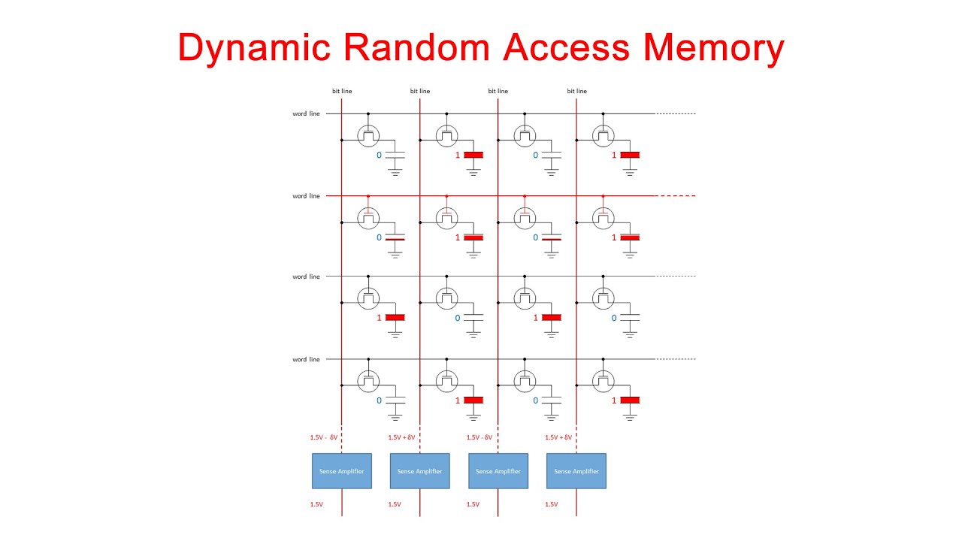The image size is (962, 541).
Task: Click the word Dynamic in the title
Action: [254, 47]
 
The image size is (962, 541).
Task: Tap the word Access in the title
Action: [567, 47]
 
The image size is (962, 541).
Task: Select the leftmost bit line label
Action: [342, 91]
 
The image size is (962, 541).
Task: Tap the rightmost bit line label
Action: [576, 91]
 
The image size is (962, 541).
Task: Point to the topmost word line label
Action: [306, 113]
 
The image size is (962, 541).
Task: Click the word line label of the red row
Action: [306, 196]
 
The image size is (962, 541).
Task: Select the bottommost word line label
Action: [306, 359]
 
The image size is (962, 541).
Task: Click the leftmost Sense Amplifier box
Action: [342, 471]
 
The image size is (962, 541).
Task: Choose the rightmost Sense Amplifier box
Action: [576, 471]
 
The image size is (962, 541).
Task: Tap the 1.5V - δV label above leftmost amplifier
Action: [324, 437]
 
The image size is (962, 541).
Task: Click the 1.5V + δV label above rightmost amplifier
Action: [558, 437]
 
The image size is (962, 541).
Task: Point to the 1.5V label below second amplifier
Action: [394, 504]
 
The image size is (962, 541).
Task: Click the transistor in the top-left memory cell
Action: [368, 135]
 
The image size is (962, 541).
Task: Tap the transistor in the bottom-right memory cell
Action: [603, 381]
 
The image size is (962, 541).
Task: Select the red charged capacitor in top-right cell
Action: [630, 155]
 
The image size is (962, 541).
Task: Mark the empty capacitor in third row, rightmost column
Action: [630, 318]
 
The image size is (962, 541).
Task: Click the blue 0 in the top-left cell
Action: [379, 156]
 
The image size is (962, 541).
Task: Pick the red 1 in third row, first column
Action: [379, 318]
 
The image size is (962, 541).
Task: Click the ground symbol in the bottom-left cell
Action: [395, 416]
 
